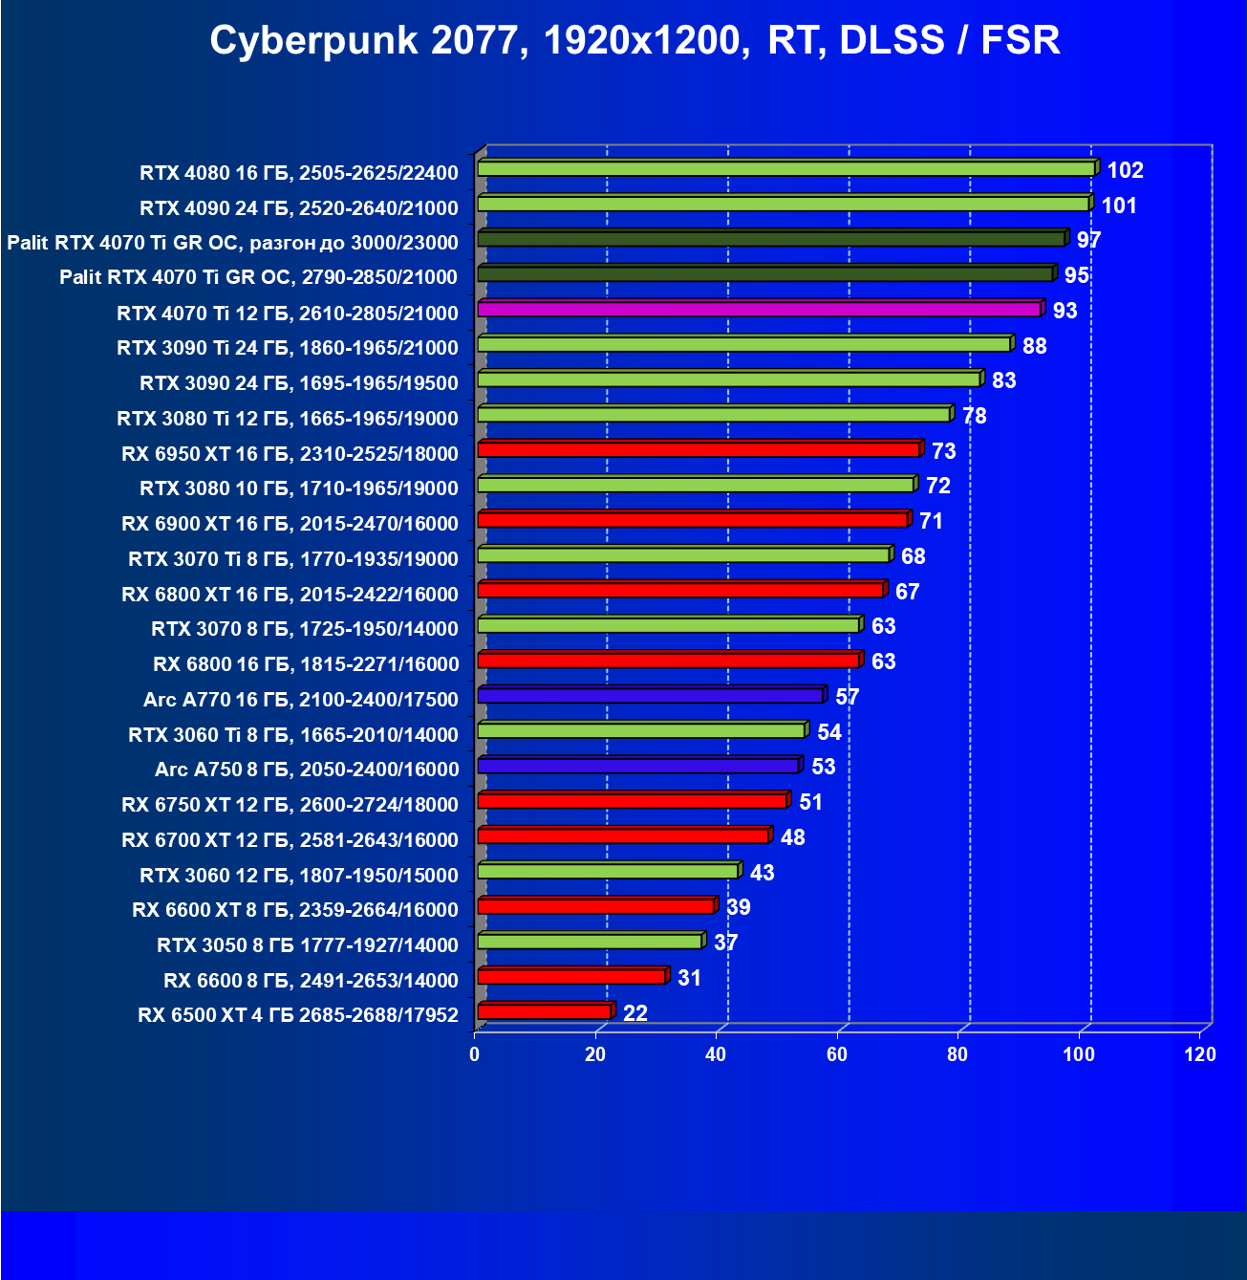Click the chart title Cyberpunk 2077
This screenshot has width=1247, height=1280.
coord(634,41)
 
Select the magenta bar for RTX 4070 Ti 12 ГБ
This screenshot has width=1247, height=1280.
coord(760,310)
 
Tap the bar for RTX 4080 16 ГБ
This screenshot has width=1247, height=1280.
coord(785,169)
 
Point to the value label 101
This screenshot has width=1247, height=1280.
coord(1119,206)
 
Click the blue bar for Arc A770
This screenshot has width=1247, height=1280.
coord(651,696)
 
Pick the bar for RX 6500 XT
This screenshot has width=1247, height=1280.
coord(545,1012)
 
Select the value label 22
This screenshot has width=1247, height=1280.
coord(635,1013)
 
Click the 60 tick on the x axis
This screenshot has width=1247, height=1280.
coord(837,1054)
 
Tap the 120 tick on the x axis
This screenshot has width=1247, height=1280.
coord(1200,1054)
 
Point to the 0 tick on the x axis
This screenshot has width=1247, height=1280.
coord(475,1054)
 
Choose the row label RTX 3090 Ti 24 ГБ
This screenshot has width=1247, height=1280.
coord(288,348)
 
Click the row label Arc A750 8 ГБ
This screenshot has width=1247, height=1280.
coord(307,770)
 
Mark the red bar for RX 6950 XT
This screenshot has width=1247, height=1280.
coord(699,450)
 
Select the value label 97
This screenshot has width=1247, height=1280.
coord(1089,241)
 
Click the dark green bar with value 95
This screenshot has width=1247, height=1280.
coord(765,274)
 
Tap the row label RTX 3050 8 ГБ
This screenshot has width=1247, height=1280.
coord(308,945)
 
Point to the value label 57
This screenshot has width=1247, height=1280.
coord(848,697)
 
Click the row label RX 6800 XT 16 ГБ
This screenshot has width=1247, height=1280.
coord(290,595)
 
